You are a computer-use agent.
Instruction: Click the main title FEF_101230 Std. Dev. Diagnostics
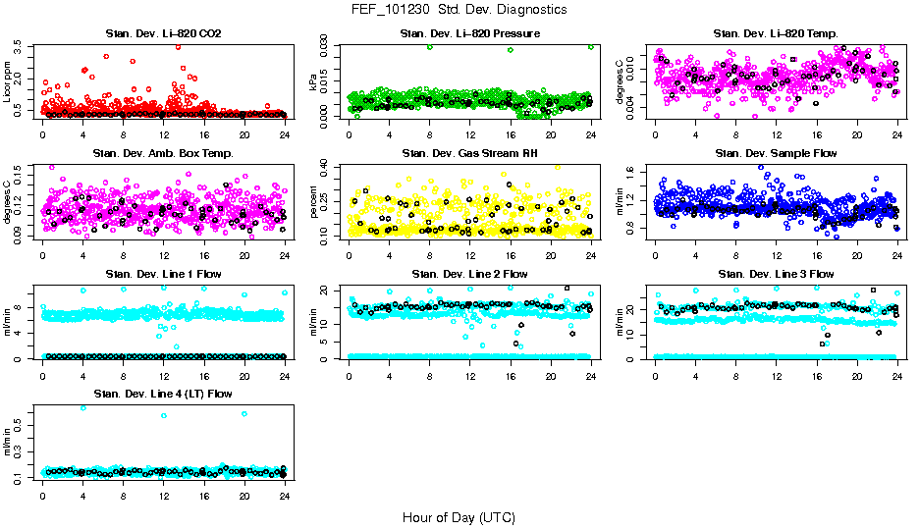pos(459,9)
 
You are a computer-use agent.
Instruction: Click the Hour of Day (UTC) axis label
pos(459,517)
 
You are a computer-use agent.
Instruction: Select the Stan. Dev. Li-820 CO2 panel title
pos(163,34)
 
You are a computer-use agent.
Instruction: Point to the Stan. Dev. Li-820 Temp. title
pos(776,34)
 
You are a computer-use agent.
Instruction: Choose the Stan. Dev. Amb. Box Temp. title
pos(163,153)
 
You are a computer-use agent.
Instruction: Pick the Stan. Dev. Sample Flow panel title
pos(776,153)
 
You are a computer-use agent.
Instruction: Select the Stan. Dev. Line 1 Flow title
pos(163,274)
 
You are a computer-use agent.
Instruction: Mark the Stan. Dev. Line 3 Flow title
pos(776,274)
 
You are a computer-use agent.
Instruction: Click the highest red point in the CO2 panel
pos(178,46)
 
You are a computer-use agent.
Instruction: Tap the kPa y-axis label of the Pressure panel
pos(314,82)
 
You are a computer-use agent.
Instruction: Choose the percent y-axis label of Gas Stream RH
pos(314,202)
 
